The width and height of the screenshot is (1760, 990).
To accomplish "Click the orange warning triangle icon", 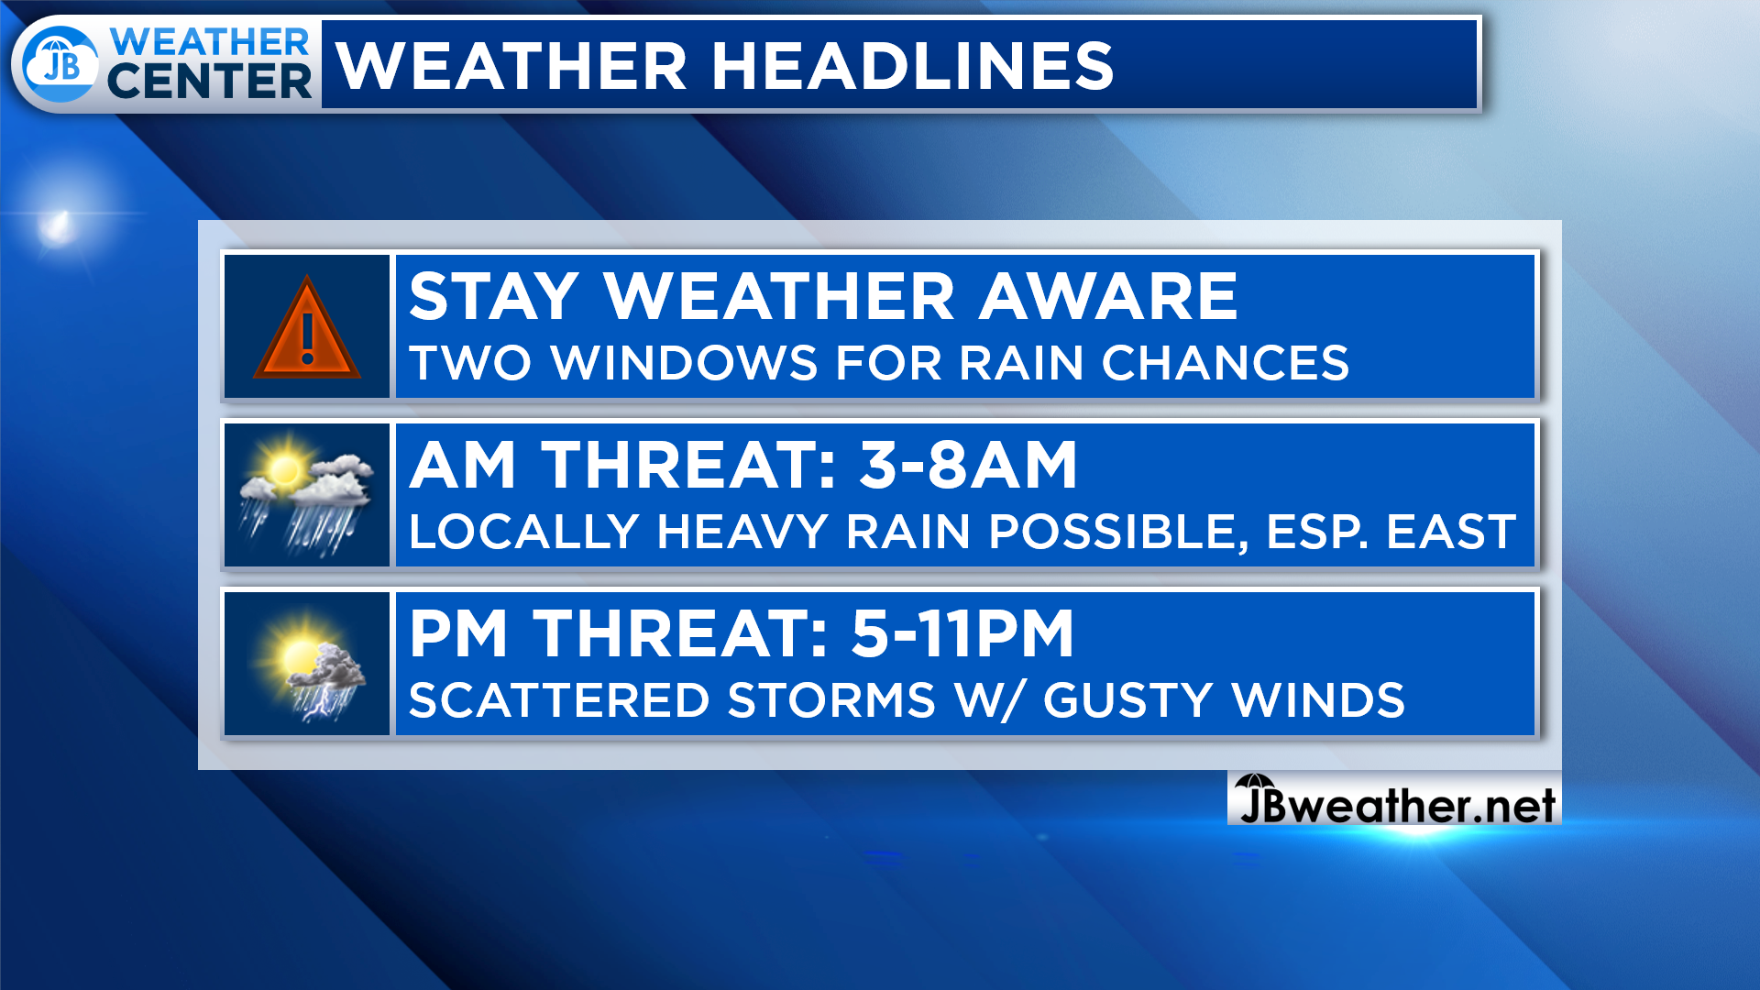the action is point(307,328).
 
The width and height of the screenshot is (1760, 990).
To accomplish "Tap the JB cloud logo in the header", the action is point(60,64).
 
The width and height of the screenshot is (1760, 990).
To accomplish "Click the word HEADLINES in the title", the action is point(912,66).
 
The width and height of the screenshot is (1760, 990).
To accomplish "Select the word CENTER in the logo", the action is point(210,81).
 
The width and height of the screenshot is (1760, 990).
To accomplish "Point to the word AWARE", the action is point(1108,296).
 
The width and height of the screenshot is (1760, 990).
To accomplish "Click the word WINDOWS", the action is point(685,363).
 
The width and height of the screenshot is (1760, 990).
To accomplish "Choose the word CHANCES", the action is point(1226,363).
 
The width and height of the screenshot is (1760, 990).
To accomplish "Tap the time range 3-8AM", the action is point(968,465).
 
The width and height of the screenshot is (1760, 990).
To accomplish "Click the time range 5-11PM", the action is point(962,633).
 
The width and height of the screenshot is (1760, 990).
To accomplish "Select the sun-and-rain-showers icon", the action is point(306,495).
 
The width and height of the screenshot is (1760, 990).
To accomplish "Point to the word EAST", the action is point(1451,532).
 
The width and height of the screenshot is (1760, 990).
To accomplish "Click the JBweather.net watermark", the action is point(1395,803).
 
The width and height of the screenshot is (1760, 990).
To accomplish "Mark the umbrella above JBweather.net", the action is point(1255,783).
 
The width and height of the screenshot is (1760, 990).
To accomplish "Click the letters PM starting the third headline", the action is point(458,633).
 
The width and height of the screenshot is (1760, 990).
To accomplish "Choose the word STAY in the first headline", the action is point(493,296).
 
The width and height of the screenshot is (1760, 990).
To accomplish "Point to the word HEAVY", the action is point(742,532).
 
